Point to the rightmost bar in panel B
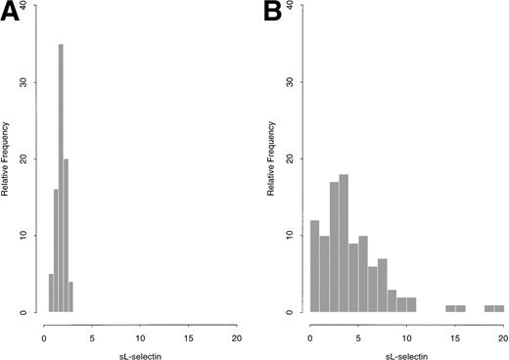click(499, 309)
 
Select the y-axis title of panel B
click(269, 159)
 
